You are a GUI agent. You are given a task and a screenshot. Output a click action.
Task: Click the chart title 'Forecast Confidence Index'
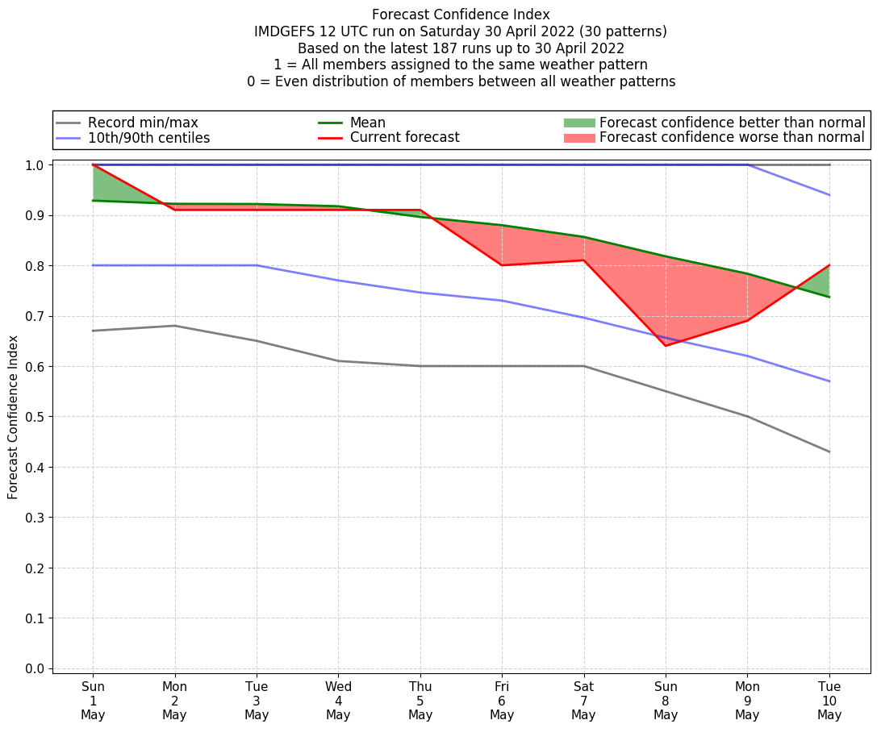coord(461,15)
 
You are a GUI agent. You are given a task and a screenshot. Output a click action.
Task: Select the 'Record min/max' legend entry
coord(143,123)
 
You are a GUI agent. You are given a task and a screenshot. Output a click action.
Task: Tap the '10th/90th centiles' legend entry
coord(148,138)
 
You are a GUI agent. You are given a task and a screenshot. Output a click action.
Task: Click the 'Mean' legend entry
coord(367,123)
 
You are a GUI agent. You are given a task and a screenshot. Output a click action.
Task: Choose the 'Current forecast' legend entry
coord(404,138)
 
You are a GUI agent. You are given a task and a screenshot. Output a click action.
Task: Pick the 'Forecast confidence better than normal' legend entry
coord(732,123)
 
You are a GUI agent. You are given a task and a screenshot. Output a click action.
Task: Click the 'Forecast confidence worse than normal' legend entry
coord(732,138)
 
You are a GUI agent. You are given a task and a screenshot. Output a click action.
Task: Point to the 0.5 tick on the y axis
coord(35,417)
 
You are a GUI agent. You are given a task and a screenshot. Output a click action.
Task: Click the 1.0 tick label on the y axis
coord(35,165)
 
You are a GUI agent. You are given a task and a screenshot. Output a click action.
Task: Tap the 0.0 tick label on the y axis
coord(35,669)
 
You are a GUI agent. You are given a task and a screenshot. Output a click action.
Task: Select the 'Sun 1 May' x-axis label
coord(93,700)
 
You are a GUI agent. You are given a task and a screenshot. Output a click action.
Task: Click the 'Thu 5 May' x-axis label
coord(420,700)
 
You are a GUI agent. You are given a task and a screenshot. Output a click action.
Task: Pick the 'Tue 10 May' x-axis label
coord(829,700)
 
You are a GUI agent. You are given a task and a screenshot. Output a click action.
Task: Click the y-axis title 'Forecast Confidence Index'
coord(14,418)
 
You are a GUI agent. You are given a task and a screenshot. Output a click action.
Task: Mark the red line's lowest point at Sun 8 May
coord(666,346)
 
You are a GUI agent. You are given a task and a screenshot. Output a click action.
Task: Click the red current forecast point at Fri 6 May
coord(502,265)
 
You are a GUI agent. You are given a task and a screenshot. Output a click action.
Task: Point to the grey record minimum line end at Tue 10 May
coord(829,452)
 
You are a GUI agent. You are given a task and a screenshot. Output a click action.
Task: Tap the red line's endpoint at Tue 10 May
coord(829,265)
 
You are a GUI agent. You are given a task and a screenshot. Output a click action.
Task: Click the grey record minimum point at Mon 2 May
coord(175,326)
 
